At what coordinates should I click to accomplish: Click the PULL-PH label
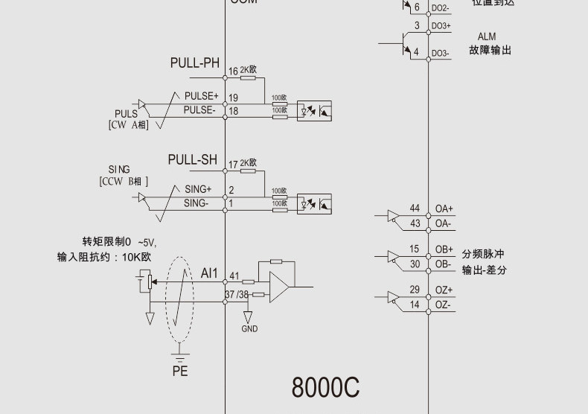tap(195, 63)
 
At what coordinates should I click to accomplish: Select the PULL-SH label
tap(193, 159)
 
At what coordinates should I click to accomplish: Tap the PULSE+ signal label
tap(201, 97)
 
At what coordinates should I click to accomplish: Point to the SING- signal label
tap(196, 203)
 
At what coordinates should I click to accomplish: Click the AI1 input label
tap(209, 273)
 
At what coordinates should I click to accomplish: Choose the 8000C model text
tap(325, 387)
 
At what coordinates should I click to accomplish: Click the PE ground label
tap(180, 370)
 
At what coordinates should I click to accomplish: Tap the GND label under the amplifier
tap(250, 328)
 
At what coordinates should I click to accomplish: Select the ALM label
tap(487, 36)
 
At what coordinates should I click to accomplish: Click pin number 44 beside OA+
tap(415, 208)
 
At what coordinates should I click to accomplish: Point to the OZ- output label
tap(444, 305)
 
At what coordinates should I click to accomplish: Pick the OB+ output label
tap(444, 249)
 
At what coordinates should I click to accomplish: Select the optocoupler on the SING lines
tap(314, 203)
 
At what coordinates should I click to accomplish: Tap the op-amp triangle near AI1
tap(280, 287)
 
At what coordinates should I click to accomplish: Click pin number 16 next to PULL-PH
tap(233, 71)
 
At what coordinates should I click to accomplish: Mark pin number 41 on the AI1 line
tap(234, 276)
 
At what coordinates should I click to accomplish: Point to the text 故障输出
tap(490, 51)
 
